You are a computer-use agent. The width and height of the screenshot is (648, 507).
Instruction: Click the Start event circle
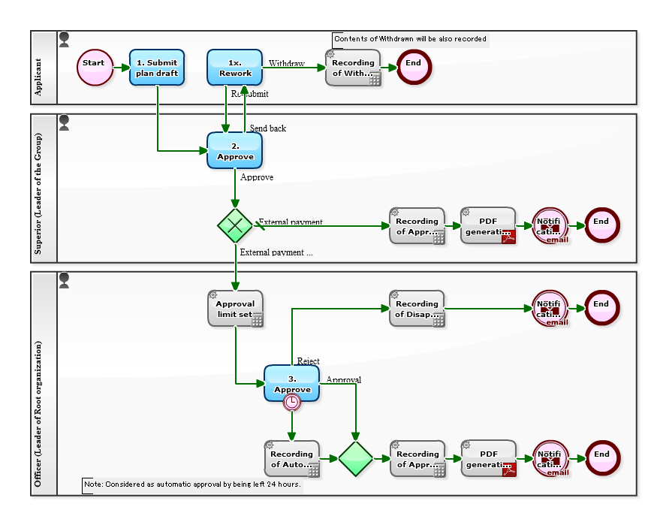[94, 68]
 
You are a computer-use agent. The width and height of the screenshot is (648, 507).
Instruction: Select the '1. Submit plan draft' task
[157, 68]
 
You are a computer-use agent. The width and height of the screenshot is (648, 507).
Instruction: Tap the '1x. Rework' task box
[234, 68]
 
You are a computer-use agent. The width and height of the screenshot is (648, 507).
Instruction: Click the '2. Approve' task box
[234, 150]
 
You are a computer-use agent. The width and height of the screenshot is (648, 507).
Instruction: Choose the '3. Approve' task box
[291, 383]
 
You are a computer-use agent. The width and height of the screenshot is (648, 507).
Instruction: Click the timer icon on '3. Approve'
[292, 403]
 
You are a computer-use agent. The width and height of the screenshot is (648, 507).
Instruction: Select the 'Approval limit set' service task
[235, 308]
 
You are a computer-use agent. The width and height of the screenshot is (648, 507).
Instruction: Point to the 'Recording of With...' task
[353, 68]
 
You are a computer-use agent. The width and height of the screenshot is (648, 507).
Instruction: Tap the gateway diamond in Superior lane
[235, 225]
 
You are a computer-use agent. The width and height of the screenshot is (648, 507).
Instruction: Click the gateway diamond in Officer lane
[355, 458]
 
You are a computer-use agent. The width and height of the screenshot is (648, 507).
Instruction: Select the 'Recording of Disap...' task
[417, 308]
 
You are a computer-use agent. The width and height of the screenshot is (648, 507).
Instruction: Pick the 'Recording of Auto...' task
[292, 458]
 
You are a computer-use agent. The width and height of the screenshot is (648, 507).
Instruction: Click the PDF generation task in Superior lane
[488, 225]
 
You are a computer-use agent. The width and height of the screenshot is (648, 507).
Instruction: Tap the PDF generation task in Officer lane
[488, 458]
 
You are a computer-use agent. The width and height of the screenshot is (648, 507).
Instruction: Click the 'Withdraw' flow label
[287, 64]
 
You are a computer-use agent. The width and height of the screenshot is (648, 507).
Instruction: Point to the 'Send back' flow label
[268, 128]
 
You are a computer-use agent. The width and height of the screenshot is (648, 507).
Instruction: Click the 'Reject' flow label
[308, 361]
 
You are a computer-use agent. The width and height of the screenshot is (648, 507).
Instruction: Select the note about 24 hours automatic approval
[192, 484]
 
